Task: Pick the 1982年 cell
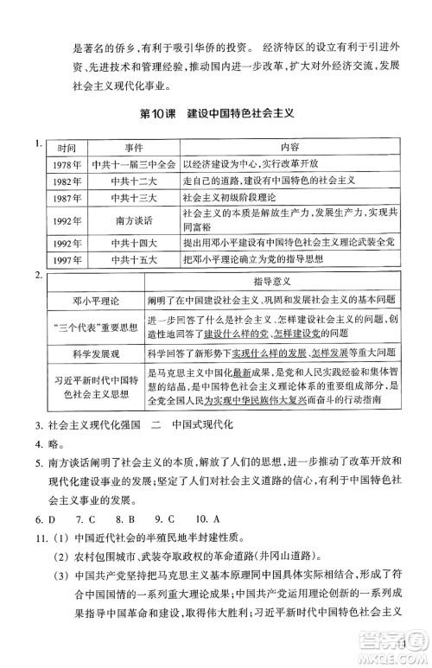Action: click(x=61, y=181)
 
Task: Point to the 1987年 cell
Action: click(x=61, y=199)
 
